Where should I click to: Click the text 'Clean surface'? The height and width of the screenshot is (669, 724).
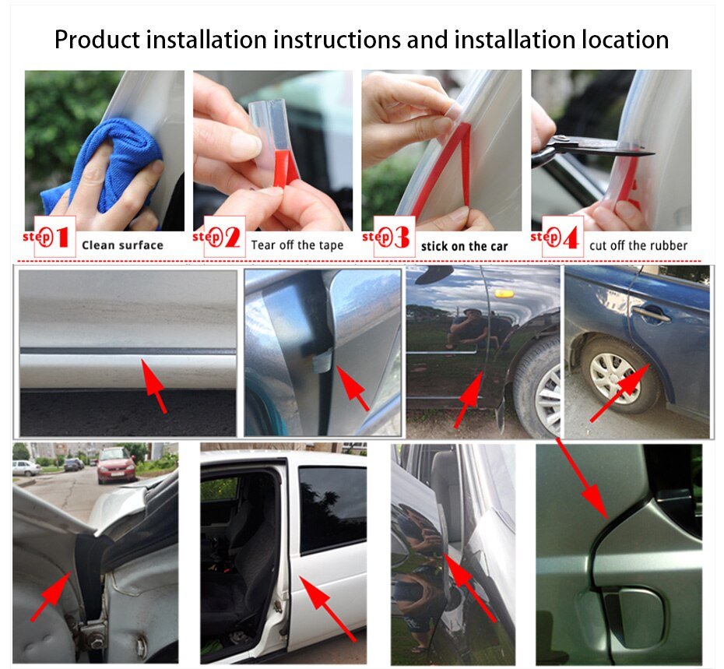point(122,245)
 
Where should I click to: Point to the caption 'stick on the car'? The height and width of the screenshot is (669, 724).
point(464,246)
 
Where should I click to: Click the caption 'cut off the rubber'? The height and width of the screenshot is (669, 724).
point(638,245)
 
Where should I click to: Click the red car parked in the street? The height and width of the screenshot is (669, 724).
point(115,465)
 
